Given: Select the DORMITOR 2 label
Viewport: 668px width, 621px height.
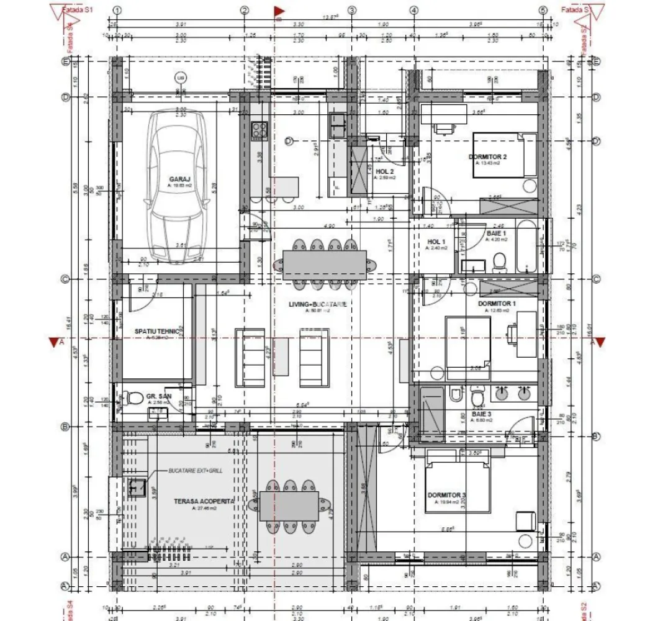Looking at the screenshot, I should [487, 157].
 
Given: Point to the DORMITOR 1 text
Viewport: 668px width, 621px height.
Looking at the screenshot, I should [497, 304].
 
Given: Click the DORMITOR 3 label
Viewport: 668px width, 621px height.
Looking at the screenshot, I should [446, 495].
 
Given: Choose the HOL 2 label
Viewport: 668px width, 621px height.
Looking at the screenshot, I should [385, 171].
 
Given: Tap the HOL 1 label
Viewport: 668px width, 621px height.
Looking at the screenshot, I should [436, 242].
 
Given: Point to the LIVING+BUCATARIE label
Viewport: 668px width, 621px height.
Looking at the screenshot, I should [317, 304].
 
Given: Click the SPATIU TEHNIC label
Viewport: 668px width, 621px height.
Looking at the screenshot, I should [157, 332].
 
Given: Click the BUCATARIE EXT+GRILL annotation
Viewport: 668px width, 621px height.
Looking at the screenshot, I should [195, 472].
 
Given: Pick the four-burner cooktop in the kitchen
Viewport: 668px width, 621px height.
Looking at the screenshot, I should [260, 130].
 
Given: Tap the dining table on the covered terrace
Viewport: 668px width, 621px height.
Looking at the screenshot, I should [289, 506].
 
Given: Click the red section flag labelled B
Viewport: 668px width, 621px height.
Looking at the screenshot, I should [279, 11].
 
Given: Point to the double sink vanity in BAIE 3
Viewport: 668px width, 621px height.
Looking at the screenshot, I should [513, 392].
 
